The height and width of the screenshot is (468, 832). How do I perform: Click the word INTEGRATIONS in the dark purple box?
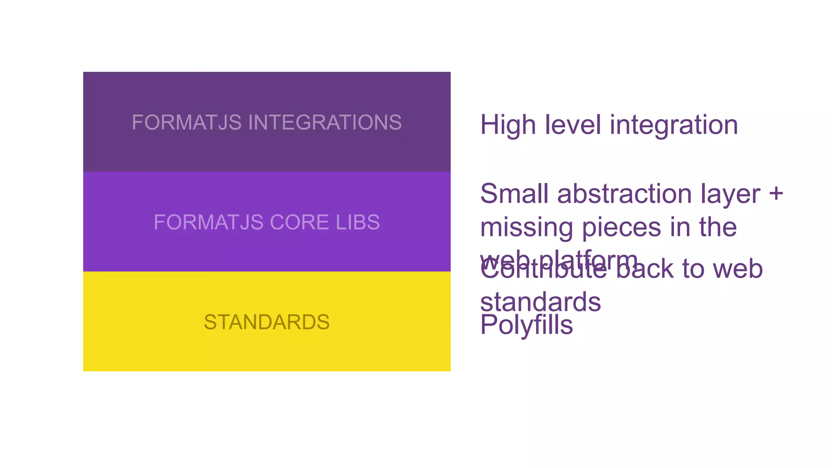tap(325, 122)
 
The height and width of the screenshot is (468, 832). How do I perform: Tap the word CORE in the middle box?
tap(299, 222)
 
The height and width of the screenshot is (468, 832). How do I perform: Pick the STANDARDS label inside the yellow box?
tap(266, 322)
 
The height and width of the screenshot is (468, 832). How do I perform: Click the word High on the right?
tap(508, 125)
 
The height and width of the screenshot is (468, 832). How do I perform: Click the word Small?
tap(514, 193)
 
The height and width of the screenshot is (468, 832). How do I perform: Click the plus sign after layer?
tap(776, 193)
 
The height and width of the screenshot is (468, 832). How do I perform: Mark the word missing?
tap(526, 227)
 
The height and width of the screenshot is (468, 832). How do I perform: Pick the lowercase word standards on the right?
tap(540, 302)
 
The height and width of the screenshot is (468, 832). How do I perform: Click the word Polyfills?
tap(526, 325)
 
